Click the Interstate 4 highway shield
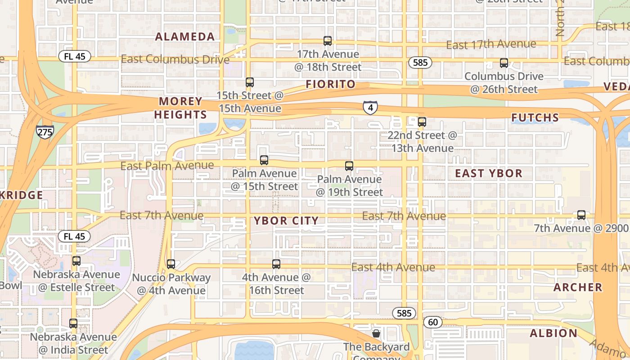(x=370, y=108)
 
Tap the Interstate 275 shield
(x=45, y=131)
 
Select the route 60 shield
(x=433, y=322)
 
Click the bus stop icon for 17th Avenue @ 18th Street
(x=328, y=41)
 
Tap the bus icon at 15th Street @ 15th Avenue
(x=250, y=82)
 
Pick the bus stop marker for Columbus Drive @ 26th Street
(x=504, y=63)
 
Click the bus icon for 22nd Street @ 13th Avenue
(x=422, y=122)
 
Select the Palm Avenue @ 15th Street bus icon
(x=264, y=160)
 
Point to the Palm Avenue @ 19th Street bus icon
(x=349, y=166)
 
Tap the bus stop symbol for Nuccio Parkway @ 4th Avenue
(x=171, y=264)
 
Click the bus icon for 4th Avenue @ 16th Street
(x=276, y=264)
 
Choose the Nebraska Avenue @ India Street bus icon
(x=73, y=324)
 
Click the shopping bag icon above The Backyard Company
(x=376, y=333)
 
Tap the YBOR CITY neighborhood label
(x=286, y=220)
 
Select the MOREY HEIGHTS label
(x=180, y=108)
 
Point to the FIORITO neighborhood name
(x=331, y=84)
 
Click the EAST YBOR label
(x=489, y=173)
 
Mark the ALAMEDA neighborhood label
(x=185, y=37)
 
